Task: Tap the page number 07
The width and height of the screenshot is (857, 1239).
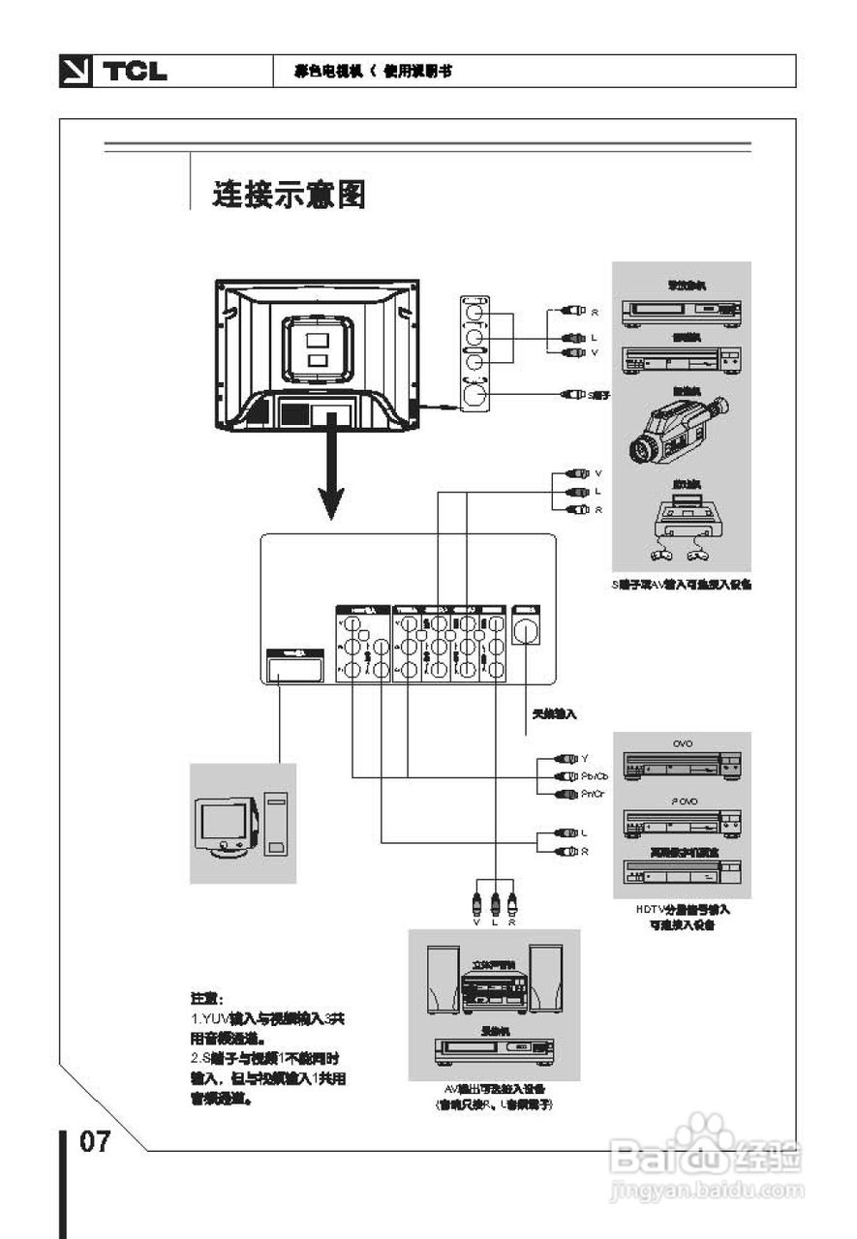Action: (95, 1141)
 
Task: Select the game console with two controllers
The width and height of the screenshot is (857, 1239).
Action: (682, 527)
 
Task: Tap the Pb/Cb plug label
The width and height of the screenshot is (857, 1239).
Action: (596, 776)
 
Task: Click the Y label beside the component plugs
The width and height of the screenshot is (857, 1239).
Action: (585, 758)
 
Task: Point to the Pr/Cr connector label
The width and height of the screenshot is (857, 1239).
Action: (594, 795)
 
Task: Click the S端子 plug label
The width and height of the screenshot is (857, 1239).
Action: (600, 395)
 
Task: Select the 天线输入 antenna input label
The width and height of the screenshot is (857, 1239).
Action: (555, 714)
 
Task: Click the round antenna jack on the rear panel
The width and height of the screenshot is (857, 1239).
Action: (525, 632)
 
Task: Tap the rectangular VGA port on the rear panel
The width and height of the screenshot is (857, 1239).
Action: (294, 668)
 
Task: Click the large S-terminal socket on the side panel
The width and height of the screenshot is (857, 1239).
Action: (474, 395)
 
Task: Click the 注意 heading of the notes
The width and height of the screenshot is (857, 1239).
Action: (206, 998)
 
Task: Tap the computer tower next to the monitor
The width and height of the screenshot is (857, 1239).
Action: (276, 825)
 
